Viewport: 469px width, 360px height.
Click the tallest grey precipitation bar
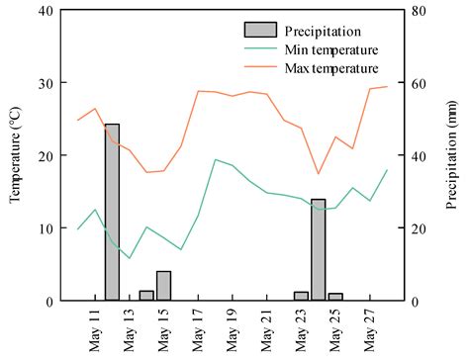[x=112, y=212]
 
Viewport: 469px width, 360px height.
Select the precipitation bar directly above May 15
[x=163, y=286]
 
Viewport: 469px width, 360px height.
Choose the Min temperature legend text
[x=327, y=48]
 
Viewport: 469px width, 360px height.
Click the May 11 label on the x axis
[x=95, y=327]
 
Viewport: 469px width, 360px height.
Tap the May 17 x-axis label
[x=198, y=327]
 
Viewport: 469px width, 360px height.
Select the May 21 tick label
[x=266, y=327]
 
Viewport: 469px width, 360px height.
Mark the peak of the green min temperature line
[x=215, y=159]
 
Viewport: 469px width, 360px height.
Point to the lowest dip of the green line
[x=130, y=258]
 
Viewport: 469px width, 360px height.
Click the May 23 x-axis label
[x=301, y=327]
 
